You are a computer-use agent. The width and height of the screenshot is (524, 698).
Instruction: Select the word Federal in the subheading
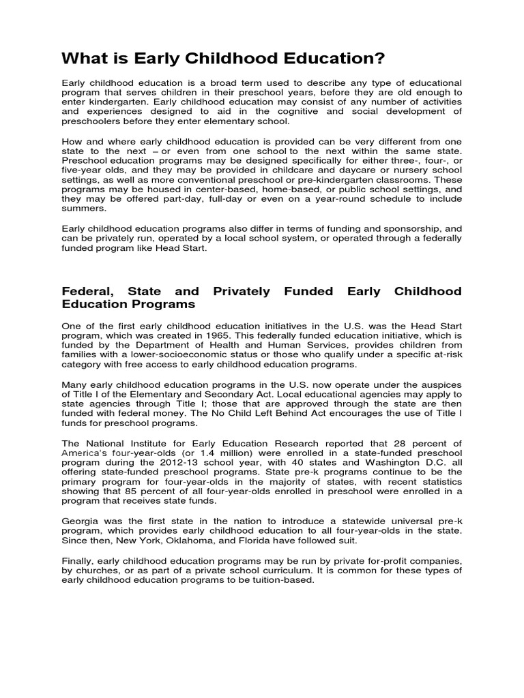point(87,292)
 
